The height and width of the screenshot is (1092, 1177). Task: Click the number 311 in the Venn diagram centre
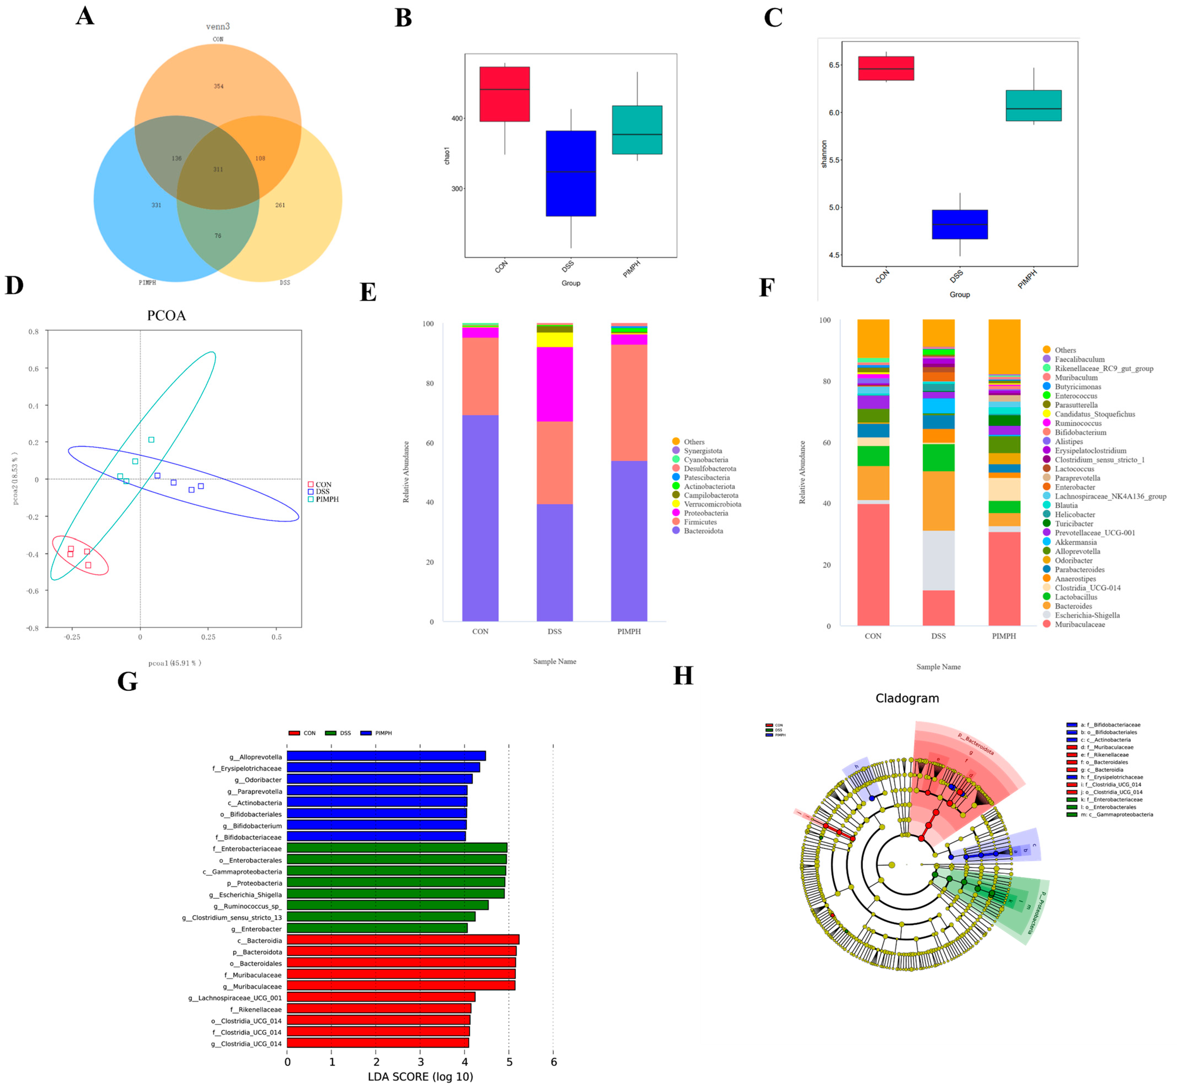tap(218, 170)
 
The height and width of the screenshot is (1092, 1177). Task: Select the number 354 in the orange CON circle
tap(219, 86)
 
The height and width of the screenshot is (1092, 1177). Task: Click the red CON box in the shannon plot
tap(886, 68)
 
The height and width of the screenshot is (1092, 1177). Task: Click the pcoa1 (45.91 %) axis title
tap(175, 663)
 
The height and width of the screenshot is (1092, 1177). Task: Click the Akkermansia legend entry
tap(1075, 542)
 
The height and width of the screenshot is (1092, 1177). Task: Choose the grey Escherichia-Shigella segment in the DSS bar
tap(938, 560)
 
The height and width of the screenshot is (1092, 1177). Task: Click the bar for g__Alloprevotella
tap(386, 756)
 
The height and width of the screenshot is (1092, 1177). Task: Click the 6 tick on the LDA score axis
tap(554, 1062)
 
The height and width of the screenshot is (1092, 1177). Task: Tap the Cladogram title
tap(907, 698)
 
